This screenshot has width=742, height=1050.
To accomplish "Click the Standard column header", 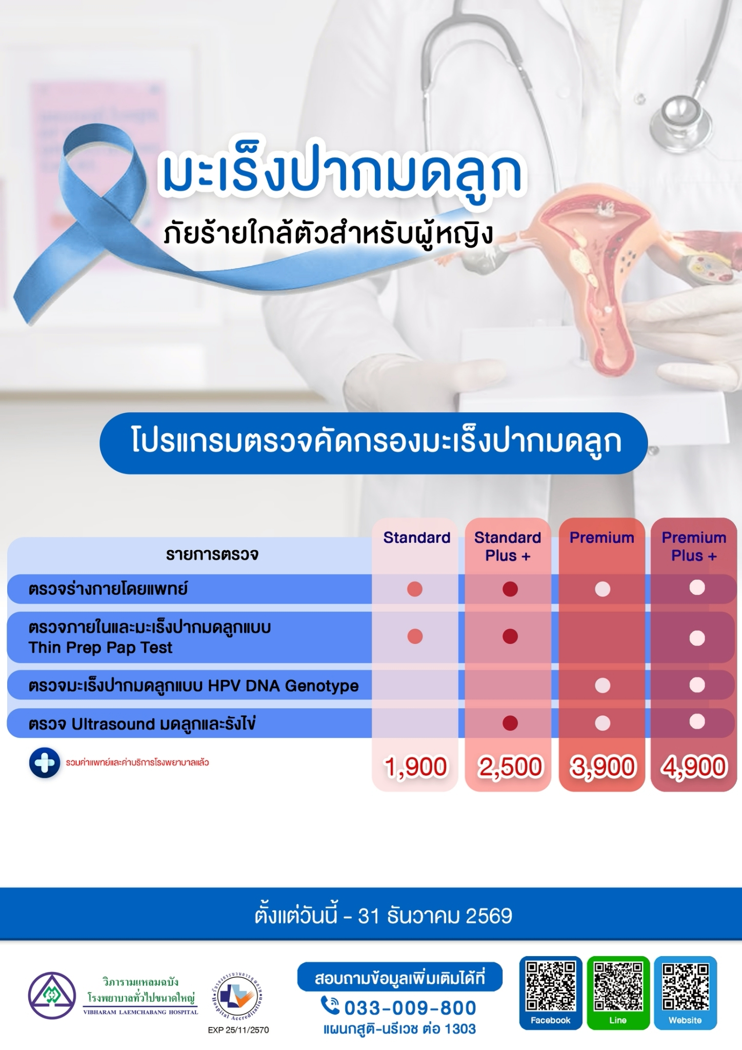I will click(416, 537).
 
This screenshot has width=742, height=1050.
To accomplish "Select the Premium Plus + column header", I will click(694, 547).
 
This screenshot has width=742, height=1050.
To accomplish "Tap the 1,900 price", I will click(415, 768).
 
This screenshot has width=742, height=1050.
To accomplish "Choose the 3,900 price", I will click(602, 768).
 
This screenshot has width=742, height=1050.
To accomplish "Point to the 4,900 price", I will click(694, 768).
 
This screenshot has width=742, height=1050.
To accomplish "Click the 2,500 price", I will click(509, 768).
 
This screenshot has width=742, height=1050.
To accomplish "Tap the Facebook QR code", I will click(551, 985).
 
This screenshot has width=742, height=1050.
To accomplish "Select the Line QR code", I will click(618, 985).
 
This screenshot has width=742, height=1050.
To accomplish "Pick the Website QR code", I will click(685, 985).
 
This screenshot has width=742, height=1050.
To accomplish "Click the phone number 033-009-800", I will click(410, 1008).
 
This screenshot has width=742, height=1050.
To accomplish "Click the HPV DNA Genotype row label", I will click(193, 685).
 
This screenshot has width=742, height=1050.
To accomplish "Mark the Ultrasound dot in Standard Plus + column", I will click(510, 723).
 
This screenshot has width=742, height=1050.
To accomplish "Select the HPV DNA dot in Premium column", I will click(602, 685).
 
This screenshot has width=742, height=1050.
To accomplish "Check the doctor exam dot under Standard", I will click(414, 589).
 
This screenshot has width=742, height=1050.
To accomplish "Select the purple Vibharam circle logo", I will click(51, 996).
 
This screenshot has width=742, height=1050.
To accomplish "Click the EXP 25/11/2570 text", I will click(238, 1030).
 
